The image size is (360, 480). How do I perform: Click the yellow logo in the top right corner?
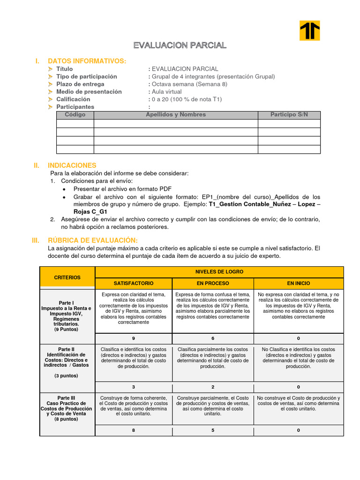(309, 30)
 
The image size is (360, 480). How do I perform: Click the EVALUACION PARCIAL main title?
(180, 45)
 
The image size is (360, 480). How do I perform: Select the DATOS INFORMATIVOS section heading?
(87, 61)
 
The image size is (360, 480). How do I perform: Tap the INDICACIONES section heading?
(72, 165)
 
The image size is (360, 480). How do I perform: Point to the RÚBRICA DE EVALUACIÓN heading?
(92, 240)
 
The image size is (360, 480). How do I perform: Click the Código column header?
(75, 115)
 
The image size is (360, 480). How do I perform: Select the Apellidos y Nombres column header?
(176, 115)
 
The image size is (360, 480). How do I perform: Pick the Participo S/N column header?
(289, 115)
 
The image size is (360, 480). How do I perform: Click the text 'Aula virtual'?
(166, 92)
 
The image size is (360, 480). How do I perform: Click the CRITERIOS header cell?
(67, 277)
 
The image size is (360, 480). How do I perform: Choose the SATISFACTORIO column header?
(134, 284)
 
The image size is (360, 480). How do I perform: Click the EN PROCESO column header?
(213, 284)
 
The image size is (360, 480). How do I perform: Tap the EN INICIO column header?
(299, 284)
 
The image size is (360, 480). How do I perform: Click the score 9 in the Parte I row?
(134, 339)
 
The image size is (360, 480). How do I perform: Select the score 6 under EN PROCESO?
(213, 339)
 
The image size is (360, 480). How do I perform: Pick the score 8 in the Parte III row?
(134, 430)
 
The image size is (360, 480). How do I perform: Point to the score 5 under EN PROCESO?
(213, 430)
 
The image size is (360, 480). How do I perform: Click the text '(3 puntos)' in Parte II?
(66, 376)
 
